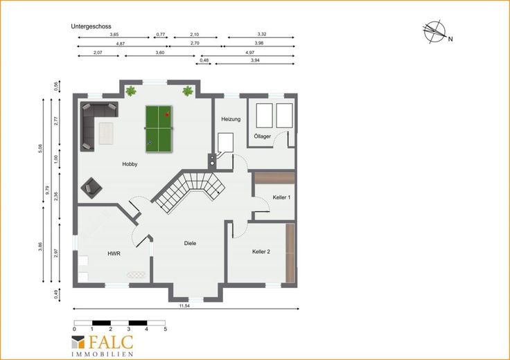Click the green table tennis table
(x=159, y=129)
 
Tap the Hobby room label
(x=130, y=164)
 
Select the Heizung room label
(x=231, y=119)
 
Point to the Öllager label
(x=263, y=136)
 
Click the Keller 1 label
(x=281, y=197)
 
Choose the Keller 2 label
(x=261, y=251)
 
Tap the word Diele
(x=190, y=243)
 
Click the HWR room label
(x=114, y=253)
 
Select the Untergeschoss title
(x=91, y=26)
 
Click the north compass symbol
(x=436, y=32)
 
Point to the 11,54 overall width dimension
(x=184, y=306)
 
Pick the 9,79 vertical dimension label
(x=47, y=190)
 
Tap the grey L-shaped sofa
(x=94, y=121)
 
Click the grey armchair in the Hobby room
(x=91, y=188)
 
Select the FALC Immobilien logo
(x=103, y=345)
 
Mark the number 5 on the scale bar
(x=165, y=329)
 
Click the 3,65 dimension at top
(x=114, y=34)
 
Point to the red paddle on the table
(x=167, y=114)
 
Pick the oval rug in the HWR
(x=137, y=275)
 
